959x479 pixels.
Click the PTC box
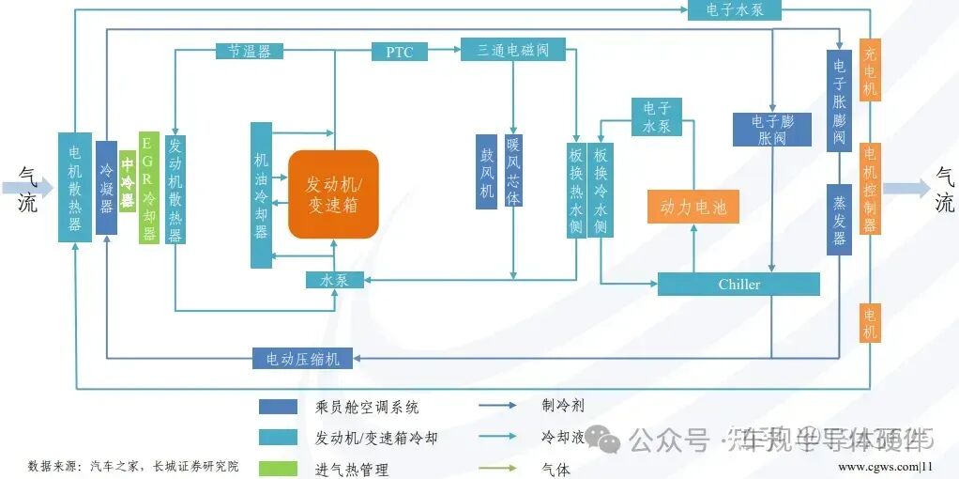click(400, 52)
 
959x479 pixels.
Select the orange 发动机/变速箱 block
click(333, 193)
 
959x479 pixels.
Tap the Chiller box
click(738, 284)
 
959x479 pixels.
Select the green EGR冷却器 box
click(148, 187)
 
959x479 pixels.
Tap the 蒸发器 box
click(839, 219)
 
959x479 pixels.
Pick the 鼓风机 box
click(486, 171)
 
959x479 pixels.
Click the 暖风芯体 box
click(513, 171)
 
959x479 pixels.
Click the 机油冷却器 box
click(261, 194)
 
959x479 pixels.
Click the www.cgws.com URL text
click(879, 466)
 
